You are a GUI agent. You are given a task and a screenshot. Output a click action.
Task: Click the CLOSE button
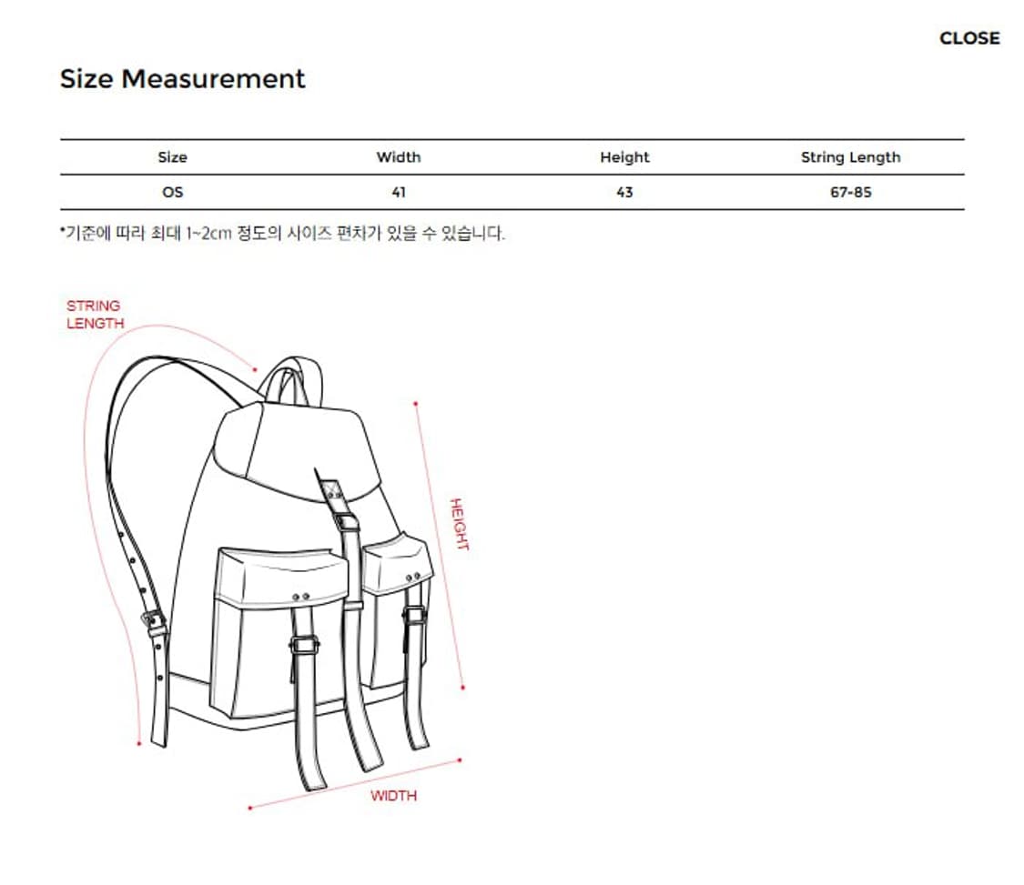(968, 38)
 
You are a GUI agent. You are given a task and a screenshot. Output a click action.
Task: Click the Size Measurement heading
(182, 79)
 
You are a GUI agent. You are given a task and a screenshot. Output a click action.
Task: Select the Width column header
(399, 157)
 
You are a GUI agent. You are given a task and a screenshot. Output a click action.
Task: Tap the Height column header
(624, 157)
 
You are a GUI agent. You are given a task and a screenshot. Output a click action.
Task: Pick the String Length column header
(850, 157)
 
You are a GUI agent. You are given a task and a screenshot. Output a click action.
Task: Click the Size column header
(172, 157)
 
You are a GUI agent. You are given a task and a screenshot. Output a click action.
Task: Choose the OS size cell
(172, 193)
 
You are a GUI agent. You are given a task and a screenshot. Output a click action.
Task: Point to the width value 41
(399, 193)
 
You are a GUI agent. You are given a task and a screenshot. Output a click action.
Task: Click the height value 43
(624, 193)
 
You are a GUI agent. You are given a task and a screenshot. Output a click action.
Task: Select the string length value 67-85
(850, 193)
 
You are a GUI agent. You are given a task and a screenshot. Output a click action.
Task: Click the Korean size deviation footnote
(282, 234)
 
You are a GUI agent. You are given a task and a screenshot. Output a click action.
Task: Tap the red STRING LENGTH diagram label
(94, 315)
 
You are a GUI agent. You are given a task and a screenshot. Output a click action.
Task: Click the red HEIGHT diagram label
(459, 524)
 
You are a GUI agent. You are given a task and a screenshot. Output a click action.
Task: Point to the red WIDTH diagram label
(393, 796)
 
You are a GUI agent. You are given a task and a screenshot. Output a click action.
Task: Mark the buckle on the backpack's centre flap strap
(346, 522)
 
